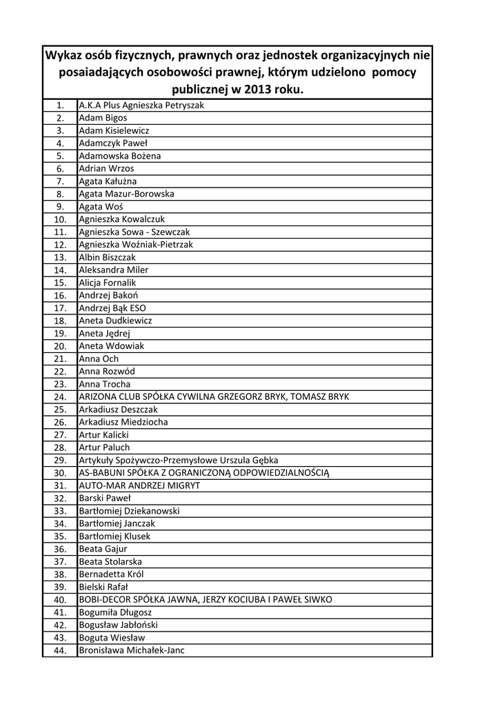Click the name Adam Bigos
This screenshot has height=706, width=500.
point(103,118)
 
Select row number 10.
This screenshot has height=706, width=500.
point(60,219)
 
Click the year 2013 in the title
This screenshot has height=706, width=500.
point(252,91)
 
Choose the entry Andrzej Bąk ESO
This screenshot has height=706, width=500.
point(112,308)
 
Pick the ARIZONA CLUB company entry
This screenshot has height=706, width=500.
point(214,396)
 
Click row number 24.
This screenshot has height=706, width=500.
point(60,397)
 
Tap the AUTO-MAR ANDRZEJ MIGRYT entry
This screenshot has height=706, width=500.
point(139,485)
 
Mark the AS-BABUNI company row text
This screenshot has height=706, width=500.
point(205,473)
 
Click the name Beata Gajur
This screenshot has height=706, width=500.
point(103,549)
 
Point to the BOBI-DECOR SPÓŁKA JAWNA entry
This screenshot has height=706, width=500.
point(206,600)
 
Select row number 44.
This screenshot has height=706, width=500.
point(60,651)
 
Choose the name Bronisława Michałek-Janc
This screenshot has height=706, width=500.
point(132,650)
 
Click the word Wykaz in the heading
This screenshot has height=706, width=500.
point(64,55)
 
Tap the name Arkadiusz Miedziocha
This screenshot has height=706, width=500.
point(123,422)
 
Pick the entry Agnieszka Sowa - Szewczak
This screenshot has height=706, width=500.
point(134,232)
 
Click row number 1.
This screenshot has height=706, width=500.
point(60,105)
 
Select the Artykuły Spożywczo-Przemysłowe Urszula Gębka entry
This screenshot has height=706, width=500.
point(179,460)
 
